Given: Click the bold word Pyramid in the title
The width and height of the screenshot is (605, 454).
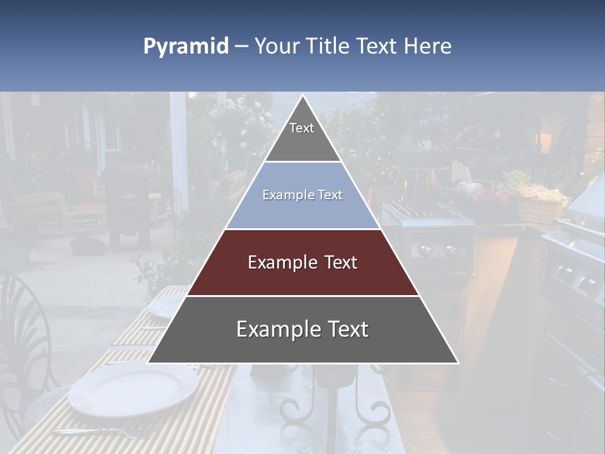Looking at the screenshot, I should [185, 47].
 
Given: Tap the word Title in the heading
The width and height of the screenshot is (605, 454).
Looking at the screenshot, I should [330, 47].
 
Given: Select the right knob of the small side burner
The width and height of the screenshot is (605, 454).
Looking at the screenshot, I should [450, 250].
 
